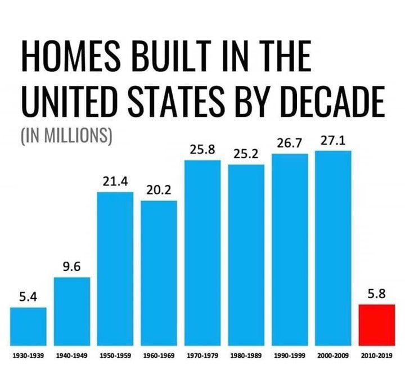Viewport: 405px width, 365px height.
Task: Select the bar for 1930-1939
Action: pos(28,326)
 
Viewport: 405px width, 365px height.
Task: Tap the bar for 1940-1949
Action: pos(71,311)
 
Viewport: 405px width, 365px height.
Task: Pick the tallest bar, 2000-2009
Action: pos(333,248)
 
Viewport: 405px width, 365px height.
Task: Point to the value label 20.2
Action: pos(158,191)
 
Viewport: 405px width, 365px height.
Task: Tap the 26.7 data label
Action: pos(289,143)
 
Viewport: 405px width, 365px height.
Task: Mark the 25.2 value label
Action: pos(246,153)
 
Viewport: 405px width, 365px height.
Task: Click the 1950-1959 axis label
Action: pos(115,355)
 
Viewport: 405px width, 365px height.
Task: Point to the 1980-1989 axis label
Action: pos(246,355)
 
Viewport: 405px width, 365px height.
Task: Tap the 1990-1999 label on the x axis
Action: pos(290,355)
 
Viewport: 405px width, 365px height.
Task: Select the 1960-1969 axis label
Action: pos(159,355)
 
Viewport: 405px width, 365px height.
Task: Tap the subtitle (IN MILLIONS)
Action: pos(66,137)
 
